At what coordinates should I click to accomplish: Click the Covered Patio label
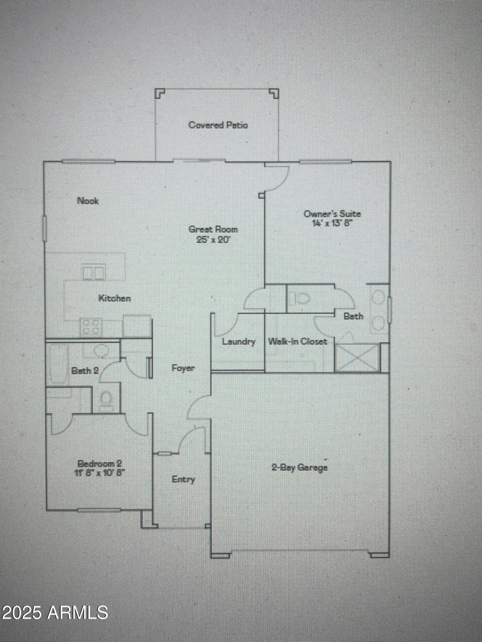(x=218, y=125)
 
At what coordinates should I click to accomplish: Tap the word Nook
(x=87, y=201)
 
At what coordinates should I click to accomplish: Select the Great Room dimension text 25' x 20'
(x=213, y=239)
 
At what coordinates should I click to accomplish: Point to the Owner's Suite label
(x=333, y=213)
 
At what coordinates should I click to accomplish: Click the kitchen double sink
(x=93, y=273)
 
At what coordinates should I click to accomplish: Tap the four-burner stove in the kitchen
(x=92, y=327)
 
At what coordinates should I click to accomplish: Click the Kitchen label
(x=114, y=298)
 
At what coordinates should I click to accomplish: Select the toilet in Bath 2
(x=107, y=400)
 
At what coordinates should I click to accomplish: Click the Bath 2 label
(x=85, y=370)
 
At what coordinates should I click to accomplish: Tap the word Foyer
(x=183, y=368)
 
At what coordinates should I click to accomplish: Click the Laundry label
(x=239, y=341)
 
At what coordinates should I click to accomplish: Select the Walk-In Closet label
(x=298, y=341)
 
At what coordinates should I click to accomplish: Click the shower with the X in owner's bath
(x=357, y=358)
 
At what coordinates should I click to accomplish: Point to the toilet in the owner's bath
(x=300, y=298)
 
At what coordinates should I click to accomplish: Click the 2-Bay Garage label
(x=299, y=467)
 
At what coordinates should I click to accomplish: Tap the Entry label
(x=183, y=479)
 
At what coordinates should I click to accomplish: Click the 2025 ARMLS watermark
(x=55, y=612)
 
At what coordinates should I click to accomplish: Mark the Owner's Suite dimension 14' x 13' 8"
(x=333, y=223)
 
